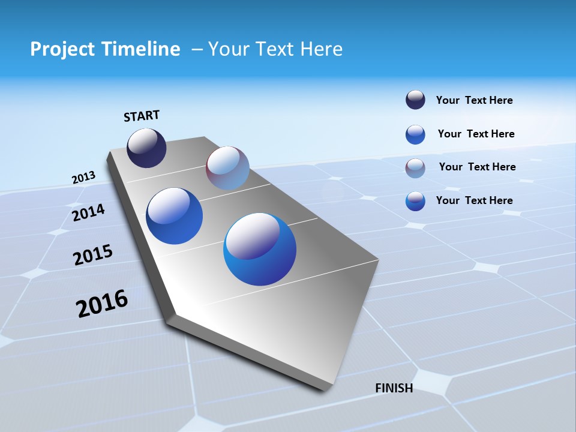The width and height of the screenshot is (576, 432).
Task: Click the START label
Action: click(x=142, y=116)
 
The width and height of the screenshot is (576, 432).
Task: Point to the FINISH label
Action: click(x=394, y=388)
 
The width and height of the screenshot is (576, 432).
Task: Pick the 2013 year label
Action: click(x=83, y=178)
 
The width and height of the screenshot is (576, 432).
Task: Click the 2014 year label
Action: click(x=88, y=213)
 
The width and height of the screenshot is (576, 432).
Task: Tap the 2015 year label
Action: click(x=93, y=255)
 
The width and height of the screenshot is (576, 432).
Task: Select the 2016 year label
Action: click(x=102, y=304)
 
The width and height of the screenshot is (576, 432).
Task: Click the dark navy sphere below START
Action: click(x=146, y=148)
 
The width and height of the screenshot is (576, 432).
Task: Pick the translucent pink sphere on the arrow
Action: click(x=227, y=168)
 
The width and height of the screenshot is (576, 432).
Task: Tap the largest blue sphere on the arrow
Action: click(x=260, y=249)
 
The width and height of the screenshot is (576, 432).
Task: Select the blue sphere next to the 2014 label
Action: click(x=175, y=216)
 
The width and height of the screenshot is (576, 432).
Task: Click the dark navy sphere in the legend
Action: click(x=415, y=100)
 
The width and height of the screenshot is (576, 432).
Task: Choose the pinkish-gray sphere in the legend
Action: click(x=415, y=168)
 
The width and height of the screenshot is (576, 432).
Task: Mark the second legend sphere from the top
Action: click(x=415, y=134)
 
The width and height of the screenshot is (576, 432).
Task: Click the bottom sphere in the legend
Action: click(x=415, y=201)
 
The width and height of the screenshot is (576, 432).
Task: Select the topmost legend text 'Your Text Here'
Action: click(x=474, y=100)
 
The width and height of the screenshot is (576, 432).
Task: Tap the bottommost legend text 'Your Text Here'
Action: click(x=474, y=200)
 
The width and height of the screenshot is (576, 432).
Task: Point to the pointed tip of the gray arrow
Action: click(x=324, y=389)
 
